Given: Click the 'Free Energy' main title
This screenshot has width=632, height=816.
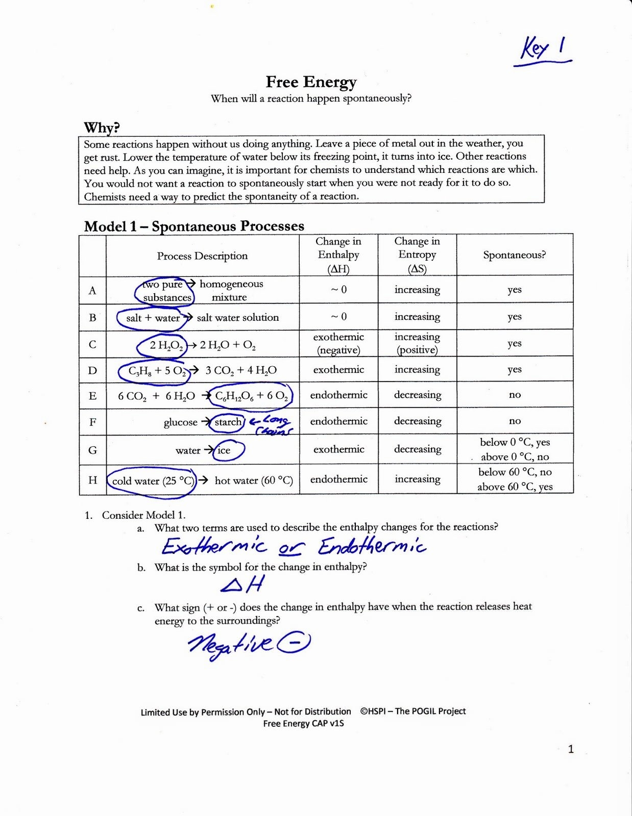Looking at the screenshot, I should pyautogui.click(x=311, y=82).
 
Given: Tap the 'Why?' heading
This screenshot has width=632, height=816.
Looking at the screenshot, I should pyautogui.click(x=102, y=127).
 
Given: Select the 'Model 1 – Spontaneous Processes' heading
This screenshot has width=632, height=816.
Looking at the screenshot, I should pyautogui.click(x=194, y=226).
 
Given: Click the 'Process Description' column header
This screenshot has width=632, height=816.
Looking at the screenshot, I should pyautogui.click(x=202, y=256).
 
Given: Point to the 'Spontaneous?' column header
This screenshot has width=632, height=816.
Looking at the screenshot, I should pyautogui.click(x=514, y=254).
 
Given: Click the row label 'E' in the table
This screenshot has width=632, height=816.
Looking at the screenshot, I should pyautogui.click(x=92, y=396).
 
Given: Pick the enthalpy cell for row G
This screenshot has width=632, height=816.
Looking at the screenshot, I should pyautogui.click(x=338, y=449).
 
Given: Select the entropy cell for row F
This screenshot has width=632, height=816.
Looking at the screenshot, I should pyautogui.click(x=417, y=421).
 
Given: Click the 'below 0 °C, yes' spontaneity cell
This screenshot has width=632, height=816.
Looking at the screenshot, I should pyautogui.click(x=515, y=442).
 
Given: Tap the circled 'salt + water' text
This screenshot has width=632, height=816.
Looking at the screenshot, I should pyautogui.click(x=153, y=318).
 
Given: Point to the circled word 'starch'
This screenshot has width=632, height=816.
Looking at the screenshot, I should pyautogui.click(x=228, y=422).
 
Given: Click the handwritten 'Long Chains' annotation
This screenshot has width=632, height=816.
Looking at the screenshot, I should pyautogui.click(x=272, y=425).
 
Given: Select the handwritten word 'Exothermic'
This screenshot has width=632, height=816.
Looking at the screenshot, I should pyautogui.click(x=214, y=547).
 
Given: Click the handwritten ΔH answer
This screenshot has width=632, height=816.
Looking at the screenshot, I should pyautogui.click(x=243, y=584).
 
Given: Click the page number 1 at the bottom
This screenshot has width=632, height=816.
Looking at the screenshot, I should pyautogui.click(x=571, y=749).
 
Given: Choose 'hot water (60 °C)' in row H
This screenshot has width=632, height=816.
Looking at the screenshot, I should pyautogui.click(x=254, y=480).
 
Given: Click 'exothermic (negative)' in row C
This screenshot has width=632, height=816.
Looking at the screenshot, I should pyautogui.click(x=338, y=343).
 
